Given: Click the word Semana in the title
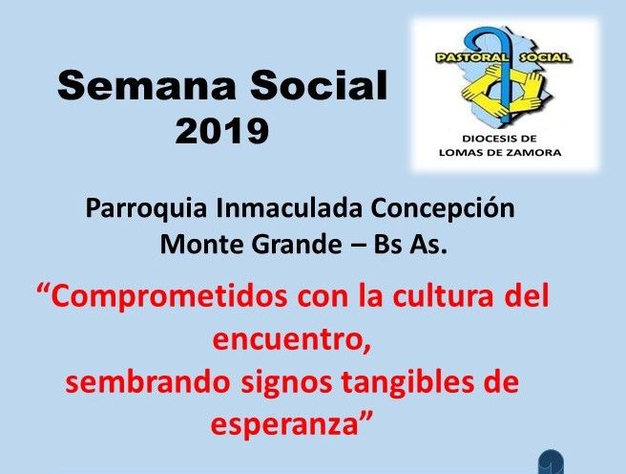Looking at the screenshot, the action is click(x=147, y=85).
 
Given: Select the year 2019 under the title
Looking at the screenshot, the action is click(x=222, y=130).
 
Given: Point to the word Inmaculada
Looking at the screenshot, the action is click(x=289, y=207).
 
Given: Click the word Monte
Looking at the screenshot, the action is click(x=202, y=244).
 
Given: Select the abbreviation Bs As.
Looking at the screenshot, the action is click(x=409, y=244).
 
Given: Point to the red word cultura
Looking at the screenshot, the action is click(x=443, y=296).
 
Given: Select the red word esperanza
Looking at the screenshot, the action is click(x=284, y=425).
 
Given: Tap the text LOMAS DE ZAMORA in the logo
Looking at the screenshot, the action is click(x=500, y=152).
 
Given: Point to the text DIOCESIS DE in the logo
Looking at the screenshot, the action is click(x=499, y=140).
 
